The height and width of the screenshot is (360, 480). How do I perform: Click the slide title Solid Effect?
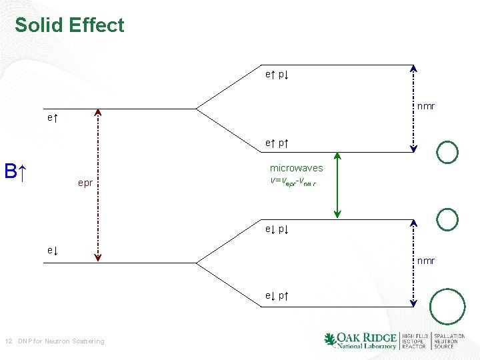69,25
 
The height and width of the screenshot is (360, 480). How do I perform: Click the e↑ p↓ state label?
277,75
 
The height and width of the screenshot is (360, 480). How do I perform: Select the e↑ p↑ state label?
277,143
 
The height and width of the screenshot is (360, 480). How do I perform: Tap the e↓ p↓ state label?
277,229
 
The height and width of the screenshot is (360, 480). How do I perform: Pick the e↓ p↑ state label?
277,295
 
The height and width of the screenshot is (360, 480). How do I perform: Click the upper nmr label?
426,105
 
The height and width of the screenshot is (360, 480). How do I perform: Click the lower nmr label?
426,261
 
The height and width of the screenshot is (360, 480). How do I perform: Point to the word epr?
85,182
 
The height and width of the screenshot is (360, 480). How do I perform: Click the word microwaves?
296,168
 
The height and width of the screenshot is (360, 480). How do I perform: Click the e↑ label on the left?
52,118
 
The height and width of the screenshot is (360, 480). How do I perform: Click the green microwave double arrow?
337,185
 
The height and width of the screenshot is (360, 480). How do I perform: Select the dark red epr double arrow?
98,184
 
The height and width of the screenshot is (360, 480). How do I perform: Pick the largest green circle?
447,307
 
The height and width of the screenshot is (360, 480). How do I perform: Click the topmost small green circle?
447,152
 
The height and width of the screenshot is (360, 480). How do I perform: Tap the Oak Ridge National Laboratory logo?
360,340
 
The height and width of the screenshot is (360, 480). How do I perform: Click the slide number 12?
8,341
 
